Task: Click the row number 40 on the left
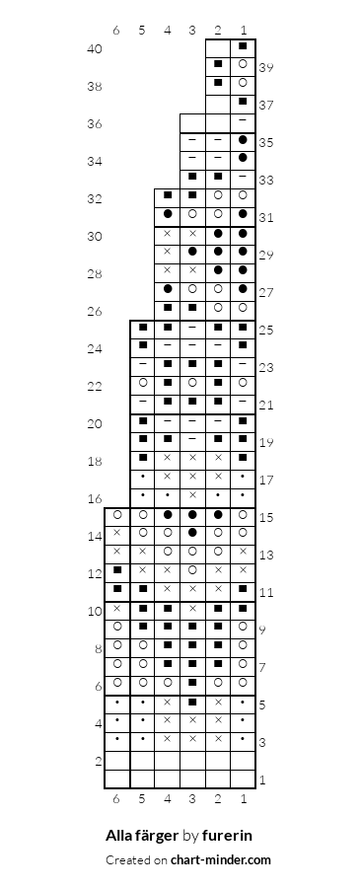click(95, 49)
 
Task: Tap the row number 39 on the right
click(266, 68)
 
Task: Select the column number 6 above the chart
click(116, 30)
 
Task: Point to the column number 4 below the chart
click(168, 799)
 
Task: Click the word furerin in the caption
click(227, 836)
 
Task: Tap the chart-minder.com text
click(221, 860)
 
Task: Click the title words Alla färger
click(143, 836)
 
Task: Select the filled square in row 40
click(243, 46)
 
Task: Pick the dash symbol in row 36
click(243, 120)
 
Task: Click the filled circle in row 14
click(192, 533)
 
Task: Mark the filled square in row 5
click(192, 702)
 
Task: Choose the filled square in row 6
click(192, 682)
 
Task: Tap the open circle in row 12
click(192, 570)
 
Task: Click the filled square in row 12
click(117, 570)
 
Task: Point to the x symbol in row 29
click(168, 252)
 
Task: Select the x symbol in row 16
click(192, 495)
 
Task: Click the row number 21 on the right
click(266, 406)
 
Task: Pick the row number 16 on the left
click(95, 499)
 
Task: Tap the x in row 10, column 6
click(117, 608)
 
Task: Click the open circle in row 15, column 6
click(117, 514)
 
